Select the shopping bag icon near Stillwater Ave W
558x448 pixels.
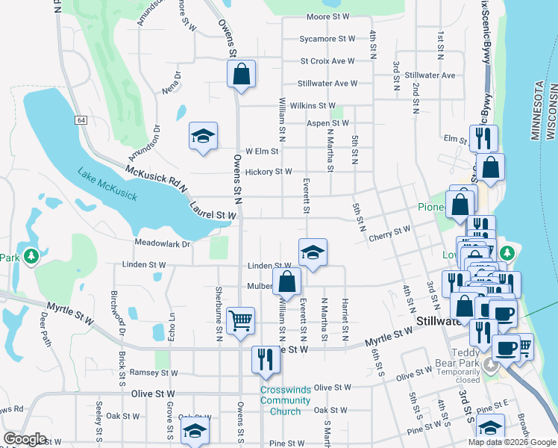(241, 75)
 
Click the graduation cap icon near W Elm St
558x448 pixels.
(203, 137)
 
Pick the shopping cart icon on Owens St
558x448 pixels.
(240, 322)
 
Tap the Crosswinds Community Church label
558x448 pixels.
(285, 400)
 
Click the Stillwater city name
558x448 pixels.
(439, 323)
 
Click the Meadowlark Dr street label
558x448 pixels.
(163, 243)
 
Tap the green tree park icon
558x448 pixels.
(31, 257)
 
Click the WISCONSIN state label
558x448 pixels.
(553, 112)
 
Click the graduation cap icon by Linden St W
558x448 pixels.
(313, 252)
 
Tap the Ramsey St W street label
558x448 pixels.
(152, 372)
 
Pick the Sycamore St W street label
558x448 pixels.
(327, 38)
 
